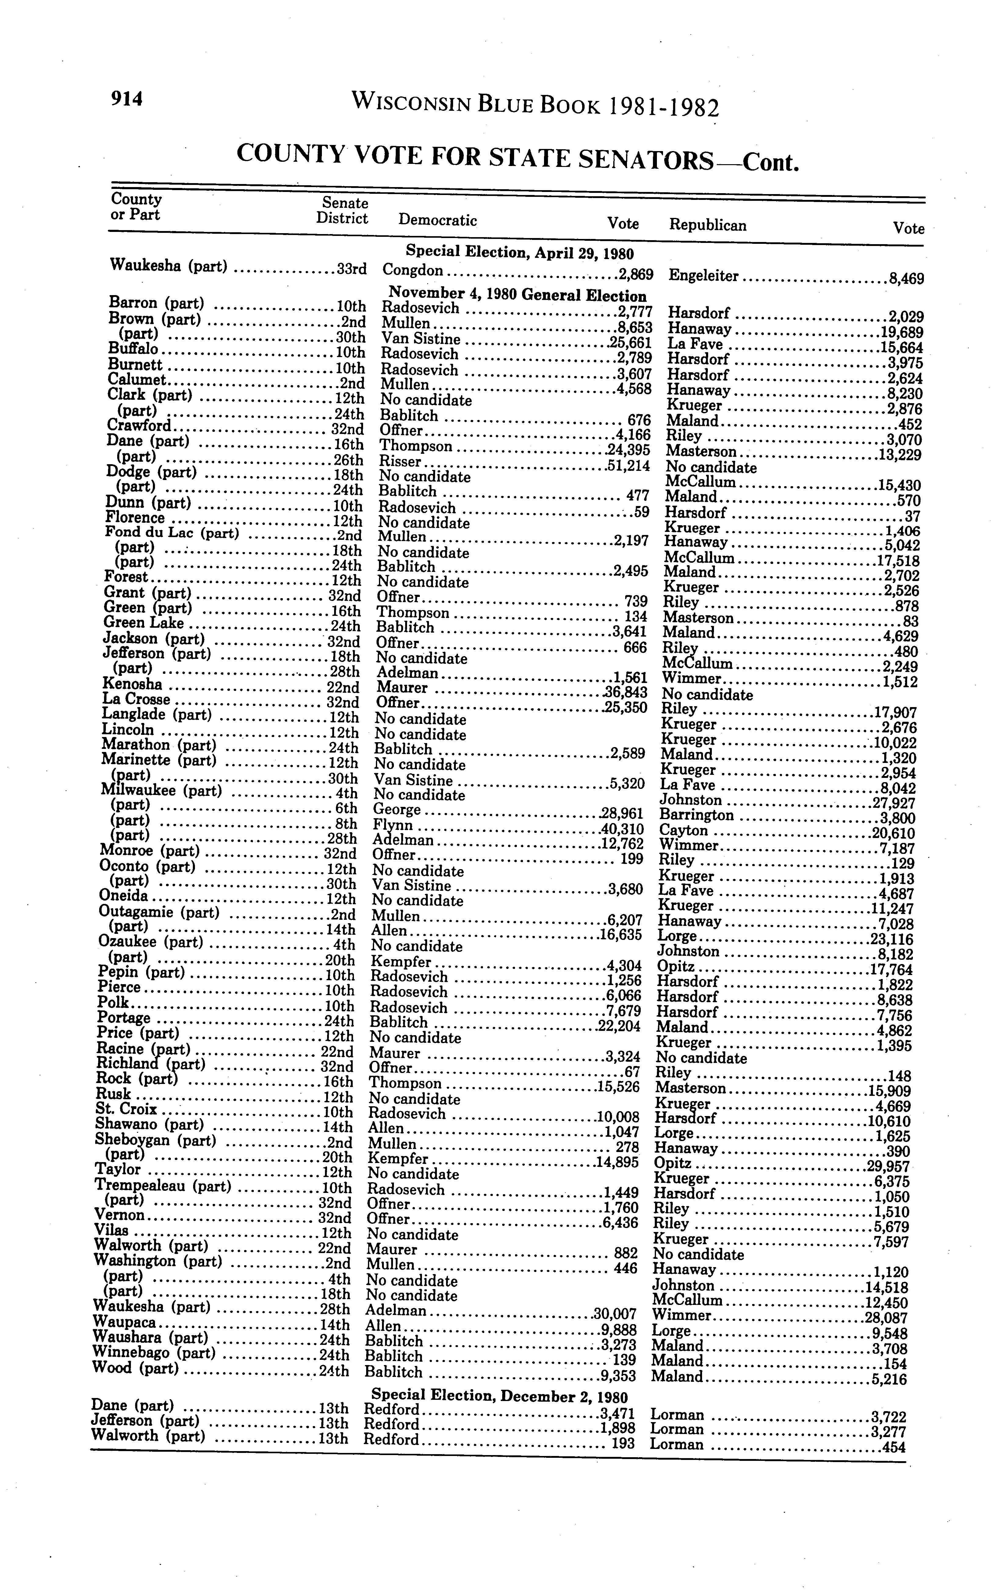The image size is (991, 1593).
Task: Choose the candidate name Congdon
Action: [x=413, y=270]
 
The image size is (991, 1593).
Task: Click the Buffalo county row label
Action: [x=132, y=349]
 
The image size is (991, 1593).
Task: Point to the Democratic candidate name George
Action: [x=397, y=810]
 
